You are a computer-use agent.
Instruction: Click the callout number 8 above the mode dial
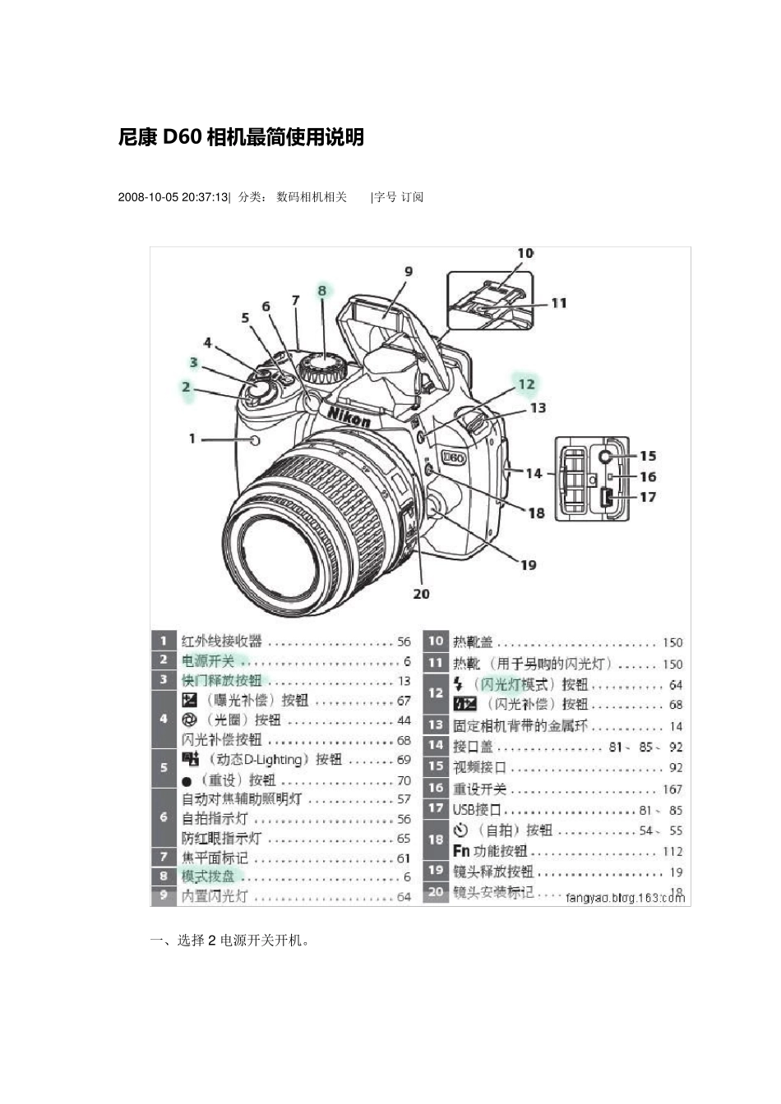tap(322, 290)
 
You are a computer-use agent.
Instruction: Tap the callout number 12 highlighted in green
tap(526, 384)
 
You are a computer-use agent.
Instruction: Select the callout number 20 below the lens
tap(421, 594)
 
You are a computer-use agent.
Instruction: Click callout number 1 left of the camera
tap(192, 439)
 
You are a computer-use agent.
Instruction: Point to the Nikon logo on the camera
tap(349, 416)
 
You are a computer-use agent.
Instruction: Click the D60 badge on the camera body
tap(454, 458)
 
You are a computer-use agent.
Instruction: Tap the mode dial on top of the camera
tap(322, 366)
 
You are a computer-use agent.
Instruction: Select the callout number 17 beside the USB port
tap(648, 497)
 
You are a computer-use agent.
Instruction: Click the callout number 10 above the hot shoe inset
tap(525, 254)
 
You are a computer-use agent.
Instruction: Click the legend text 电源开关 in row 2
tap(208, 661)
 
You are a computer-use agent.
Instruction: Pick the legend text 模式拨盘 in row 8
tap(208, 876)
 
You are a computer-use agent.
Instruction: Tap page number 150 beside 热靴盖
tap(672, 642)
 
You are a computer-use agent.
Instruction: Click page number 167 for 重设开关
tap(672, 789)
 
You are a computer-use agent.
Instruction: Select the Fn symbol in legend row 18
tap(461, 851)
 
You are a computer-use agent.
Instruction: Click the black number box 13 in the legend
tap(436, 725)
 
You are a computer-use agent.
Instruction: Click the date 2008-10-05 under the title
tap(148, 197)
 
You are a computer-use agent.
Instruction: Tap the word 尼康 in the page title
tap(137, 138)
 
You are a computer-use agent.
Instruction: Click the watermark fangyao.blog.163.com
tap(625, 898)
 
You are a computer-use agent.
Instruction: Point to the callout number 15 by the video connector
tap(648, 456)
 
